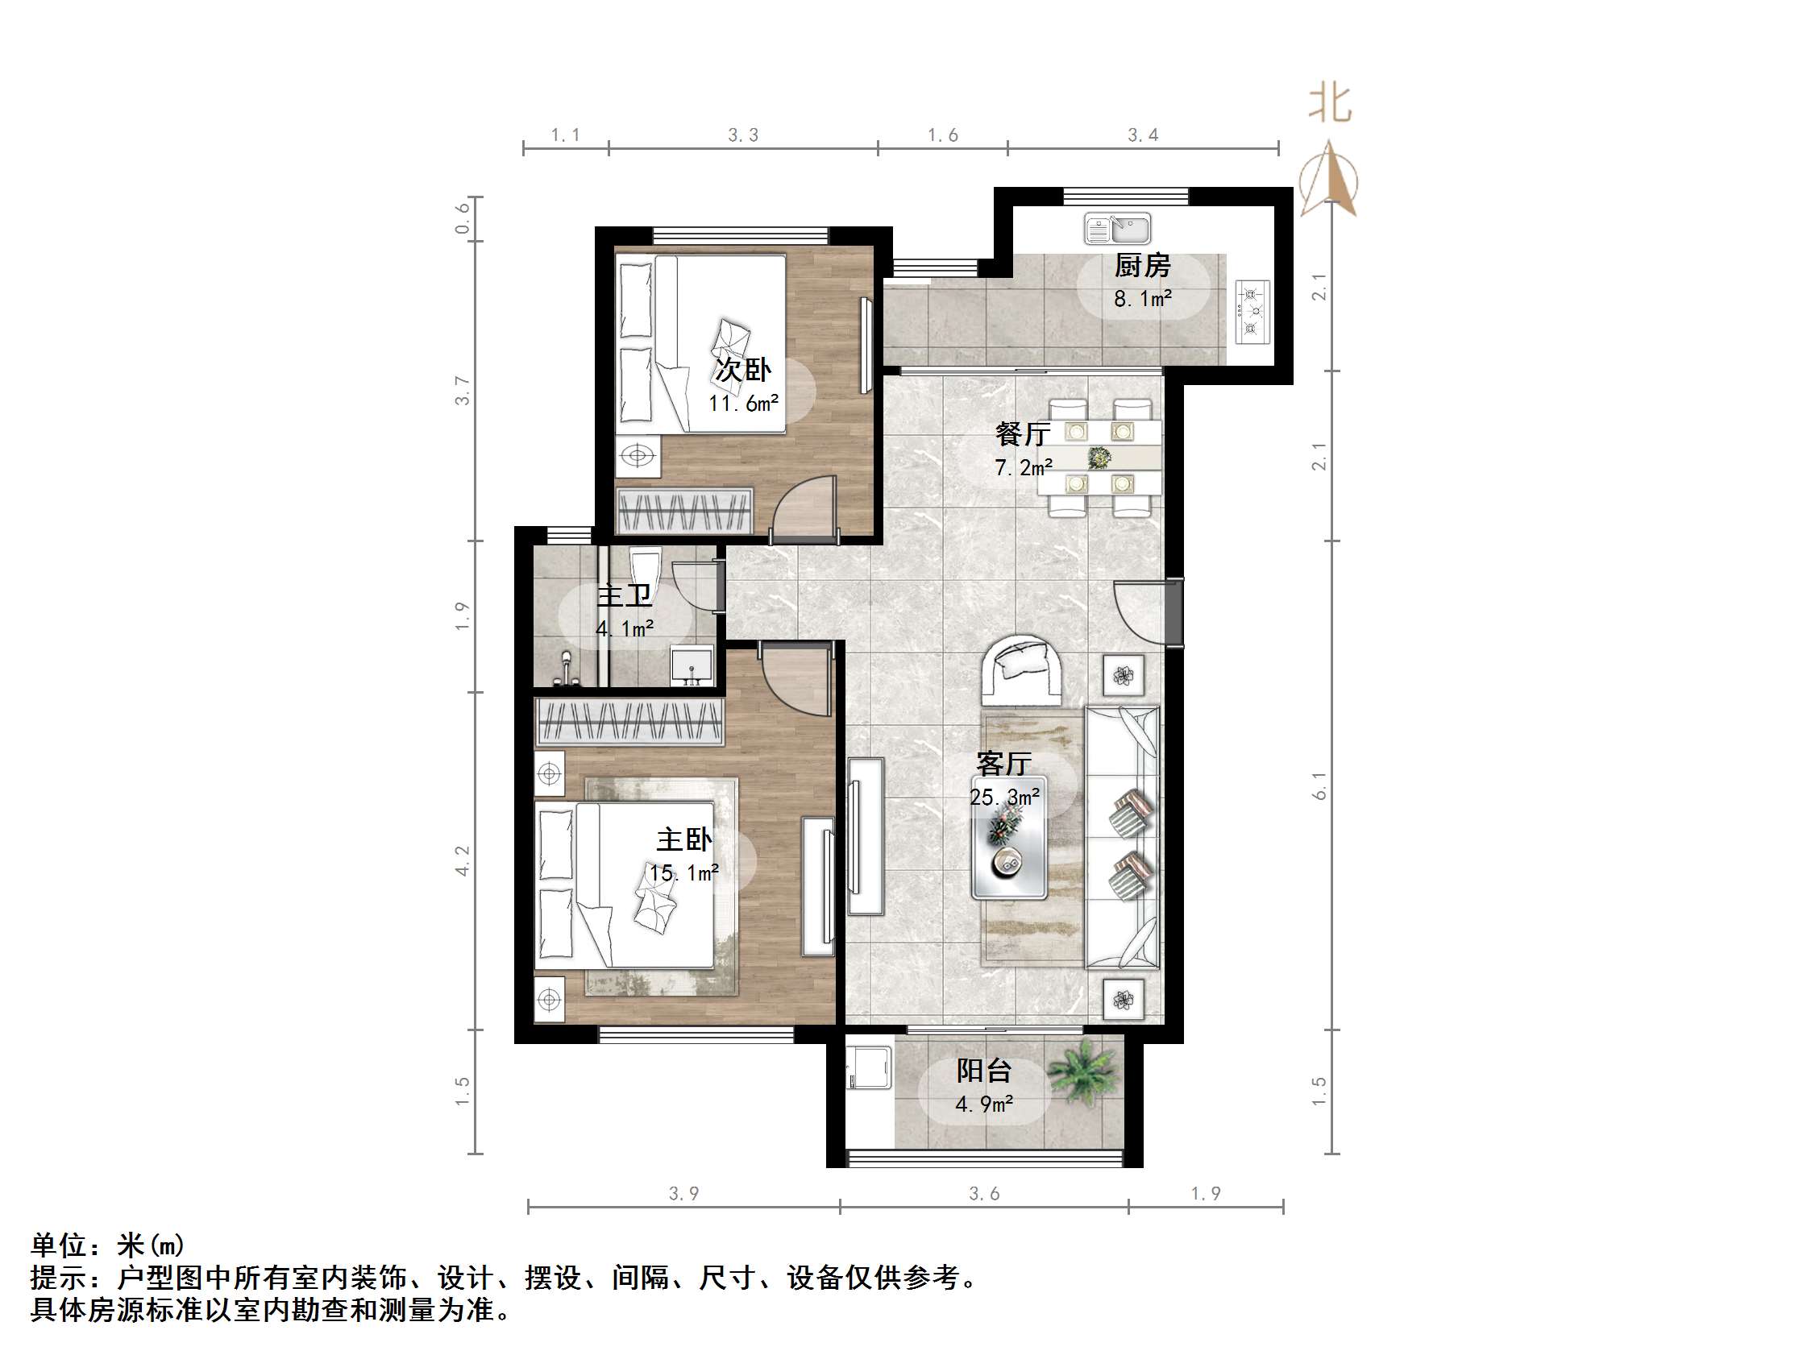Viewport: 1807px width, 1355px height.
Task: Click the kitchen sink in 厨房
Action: (x=1117, y=229)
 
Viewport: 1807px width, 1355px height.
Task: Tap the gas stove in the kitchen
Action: (x=1252, y=311)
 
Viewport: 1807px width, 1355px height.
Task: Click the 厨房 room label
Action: (x=1142, y=266)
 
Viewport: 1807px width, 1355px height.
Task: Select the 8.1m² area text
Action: (x=1142, y=299)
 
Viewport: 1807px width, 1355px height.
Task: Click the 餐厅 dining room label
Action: (x=1021, y=433)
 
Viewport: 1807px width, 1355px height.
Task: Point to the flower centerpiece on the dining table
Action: (x=1099, y=458)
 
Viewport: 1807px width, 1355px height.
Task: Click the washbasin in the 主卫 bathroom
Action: (x=692, y=665)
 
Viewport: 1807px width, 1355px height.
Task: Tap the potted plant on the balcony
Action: (x=1082, y=1071)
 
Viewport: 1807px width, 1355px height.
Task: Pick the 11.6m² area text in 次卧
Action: (x=742, y=404)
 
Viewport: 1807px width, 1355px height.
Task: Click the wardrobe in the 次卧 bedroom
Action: (x=683, y=512)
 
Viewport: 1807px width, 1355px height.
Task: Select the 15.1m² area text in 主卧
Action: (x=683, y=873)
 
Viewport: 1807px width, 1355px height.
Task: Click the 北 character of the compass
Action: (x=1330, y=105)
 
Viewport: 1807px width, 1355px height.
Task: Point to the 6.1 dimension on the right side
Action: (x=1319, y=785)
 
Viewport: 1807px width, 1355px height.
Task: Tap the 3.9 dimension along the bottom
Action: (x=683, y=1193)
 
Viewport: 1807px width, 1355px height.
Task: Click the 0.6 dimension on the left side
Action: (x=463, y=218)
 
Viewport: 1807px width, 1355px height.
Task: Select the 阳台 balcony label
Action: (x=983, y=1071)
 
